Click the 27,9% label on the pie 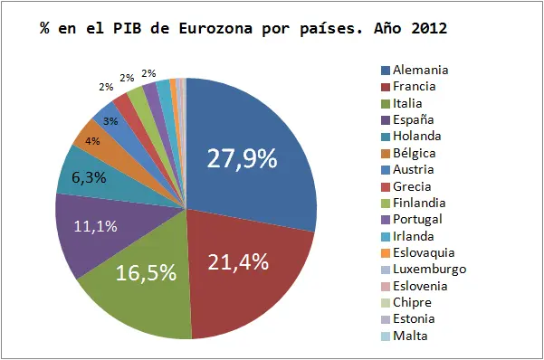click(242, 158)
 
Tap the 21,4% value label click(238, 261)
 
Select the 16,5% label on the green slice click(146, 272)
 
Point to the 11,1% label click(96, 226)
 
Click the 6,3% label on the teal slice click(89, 178)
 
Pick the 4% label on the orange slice click(92, 141)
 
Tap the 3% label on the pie click(110, 121)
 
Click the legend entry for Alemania click(415, 70)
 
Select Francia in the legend click(408, 86)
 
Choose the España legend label click(407, 120)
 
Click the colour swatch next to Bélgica click(386, 154)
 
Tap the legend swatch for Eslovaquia click(386, 253)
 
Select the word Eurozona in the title click(215, 28)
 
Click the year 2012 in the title click(429, 28)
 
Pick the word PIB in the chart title click(128, 28)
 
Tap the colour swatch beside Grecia click(386, 187)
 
